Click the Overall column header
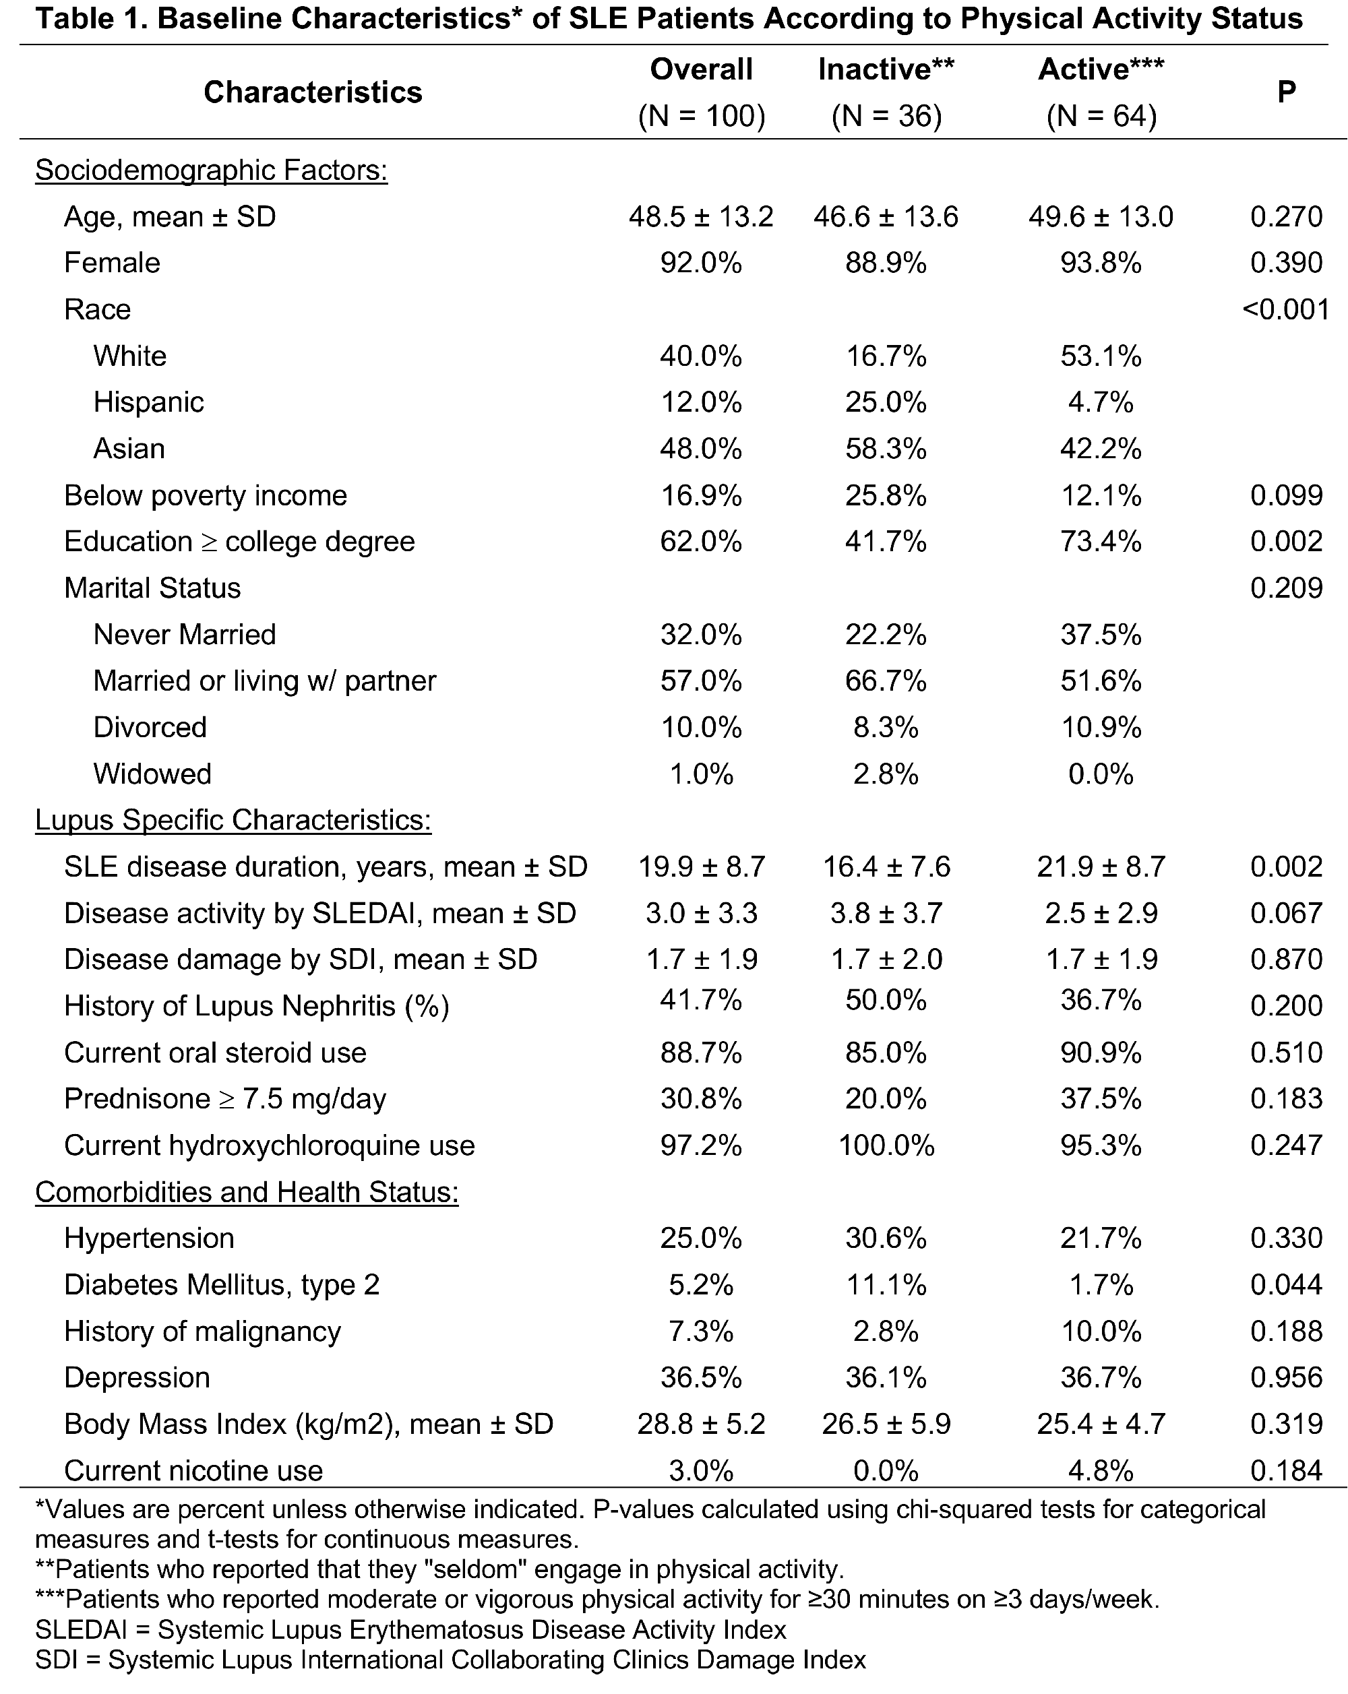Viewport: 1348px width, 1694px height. (700, 69)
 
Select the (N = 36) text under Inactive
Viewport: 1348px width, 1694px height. (886, 117)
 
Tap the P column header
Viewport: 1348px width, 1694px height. (1286, 92)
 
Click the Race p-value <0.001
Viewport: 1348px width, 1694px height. (1285, 309)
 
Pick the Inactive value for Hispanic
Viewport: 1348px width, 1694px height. (886, 402)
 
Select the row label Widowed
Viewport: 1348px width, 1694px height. (152, 774)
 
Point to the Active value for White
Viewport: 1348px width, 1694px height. (1101, 356)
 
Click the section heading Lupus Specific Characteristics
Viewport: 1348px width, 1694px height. (233, 819)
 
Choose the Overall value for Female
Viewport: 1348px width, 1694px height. (700, 262)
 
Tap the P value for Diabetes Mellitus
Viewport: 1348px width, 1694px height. (1286, 1284)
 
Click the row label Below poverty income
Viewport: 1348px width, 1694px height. (205, 495)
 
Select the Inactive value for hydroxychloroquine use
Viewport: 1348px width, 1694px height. (886, 1145)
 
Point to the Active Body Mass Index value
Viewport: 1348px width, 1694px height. (1101, 1424)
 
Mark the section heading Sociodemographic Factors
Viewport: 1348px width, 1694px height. (212, 170)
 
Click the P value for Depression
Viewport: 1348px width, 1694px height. (1286, 1377)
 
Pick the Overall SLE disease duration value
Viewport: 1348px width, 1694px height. (700, 867)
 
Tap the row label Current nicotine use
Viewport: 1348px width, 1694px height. (193, 1470)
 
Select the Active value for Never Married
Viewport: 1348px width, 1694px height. (1101, 634)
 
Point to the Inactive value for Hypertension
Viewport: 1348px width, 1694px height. (886, 1238)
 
